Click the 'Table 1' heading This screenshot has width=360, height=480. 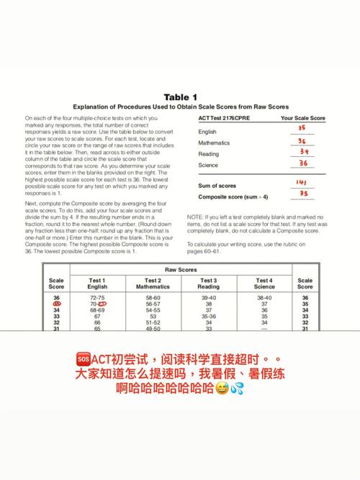(x=180, y=97)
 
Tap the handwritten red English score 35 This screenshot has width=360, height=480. (x=302, y=128)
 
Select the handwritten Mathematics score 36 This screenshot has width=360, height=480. (x=302, y=141)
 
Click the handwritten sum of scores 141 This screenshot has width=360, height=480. (x=302, y=183)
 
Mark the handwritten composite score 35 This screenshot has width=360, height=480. (x=302, y=194)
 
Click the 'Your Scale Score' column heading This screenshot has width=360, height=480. (x=302, y=117)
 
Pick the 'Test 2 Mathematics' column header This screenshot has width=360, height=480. (x=152, y=284)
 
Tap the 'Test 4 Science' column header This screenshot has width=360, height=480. (x=264, y=284)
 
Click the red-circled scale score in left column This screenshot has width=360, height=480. (x=56, y=304)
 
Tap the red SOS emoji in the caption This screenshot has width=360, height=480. (x=81, y=359)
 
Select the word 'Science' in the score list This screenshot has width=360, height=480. (x=209, y=166)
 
